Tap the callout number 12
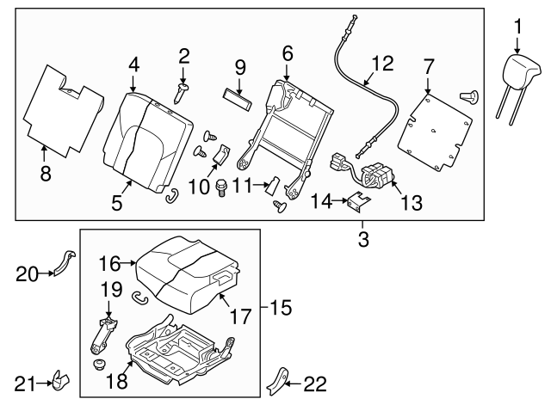[381, 63]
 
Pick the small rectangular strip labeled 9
[238, 95]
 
